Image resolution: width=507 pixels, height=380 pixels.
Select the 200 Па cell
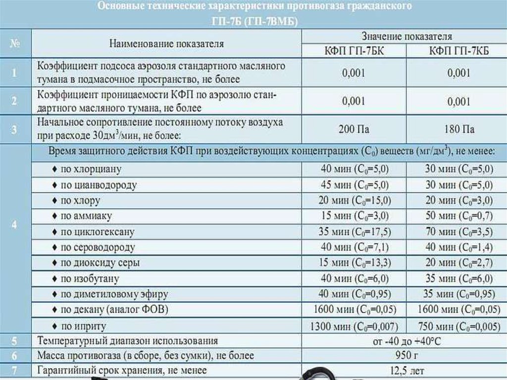(354, 129)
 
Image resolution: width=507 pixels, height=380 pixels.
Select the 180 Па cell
(459, 129)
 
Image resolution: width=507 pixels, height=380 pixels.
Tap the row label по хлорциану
(91, 169)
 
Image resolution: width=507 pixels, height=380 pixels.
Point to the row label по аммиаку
(86, 216)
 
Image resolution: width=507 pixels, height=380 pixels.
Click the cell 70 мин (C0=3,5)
(459, 231)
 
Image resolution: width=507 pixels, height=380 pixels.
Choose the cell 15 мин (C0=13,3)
(355, 263)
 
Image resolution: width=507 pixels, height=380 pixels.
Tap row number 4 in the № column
(14, 224)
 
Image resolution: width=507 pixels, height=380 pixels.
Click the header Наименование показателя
(167, 44)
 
